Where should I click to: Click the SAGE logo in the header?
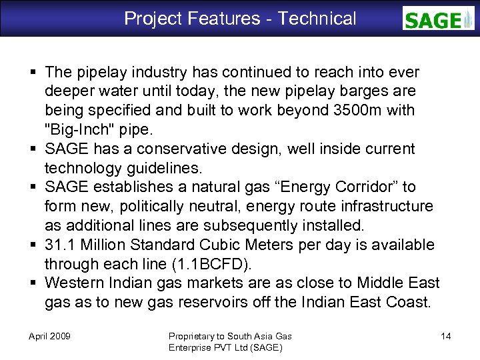(438, 19)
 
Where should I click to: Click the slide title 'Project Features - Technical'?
(240, 19)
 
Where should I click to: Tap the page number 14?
(446, 336)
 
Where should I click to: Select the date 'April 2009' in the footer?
(50, 336)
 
